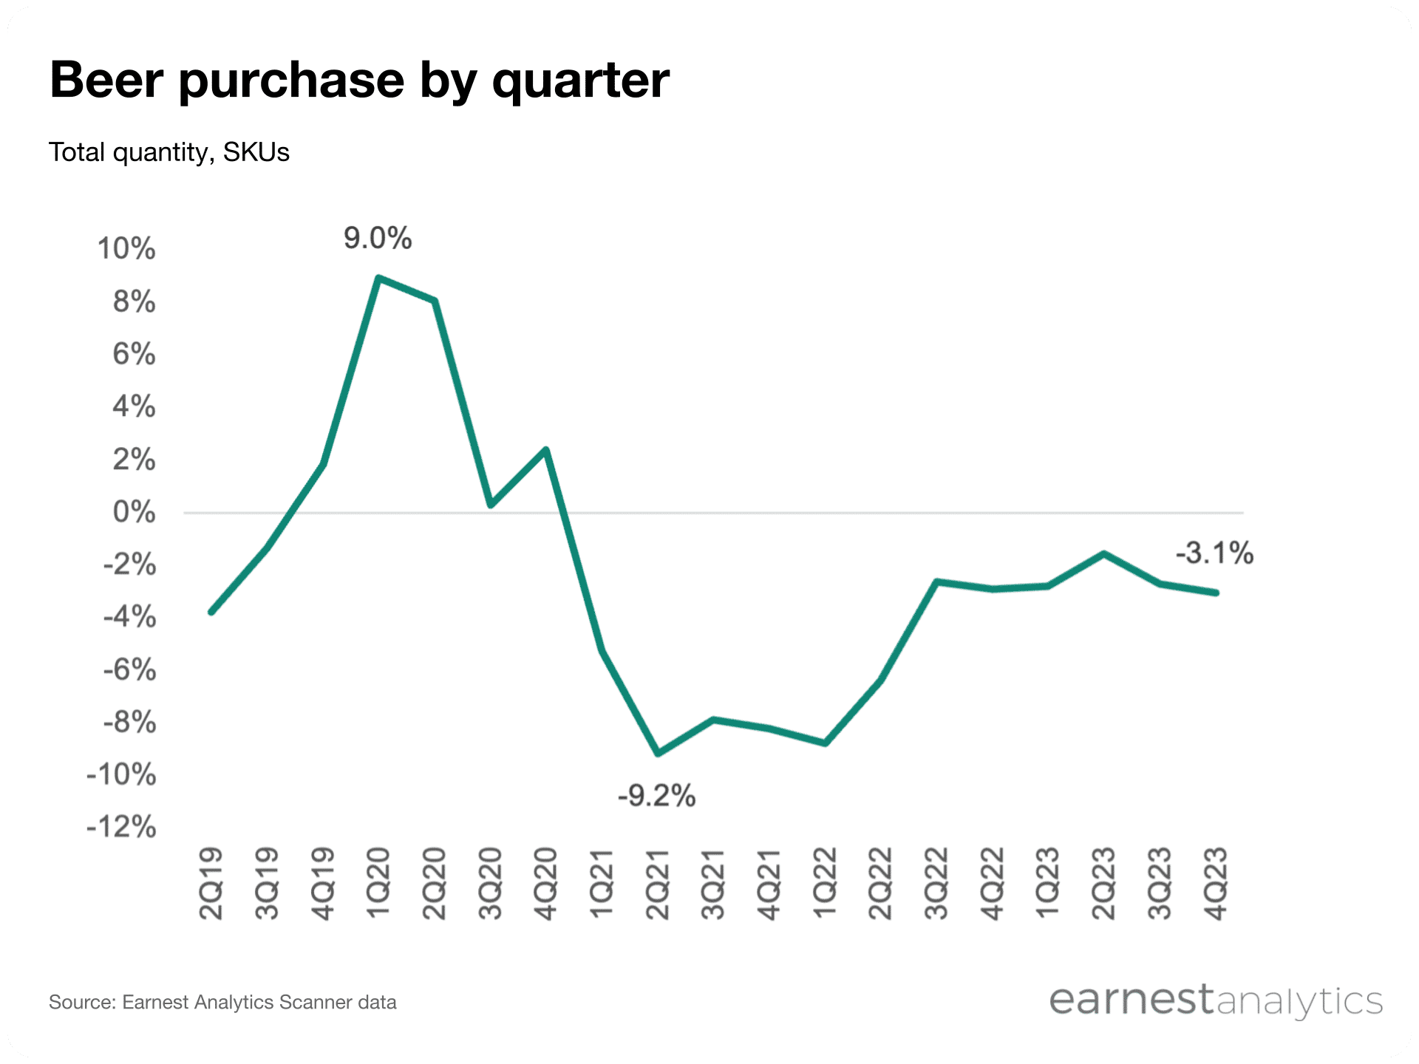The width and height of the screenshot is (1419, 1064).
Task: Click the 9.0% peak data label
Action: pyautogui.click(x=377, y=239)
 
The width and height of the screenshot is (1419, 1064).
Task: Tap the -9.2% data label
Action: pyautogui.click(x=656, y=797)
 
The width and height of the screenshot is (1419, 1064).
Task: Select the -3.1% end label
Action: pyautogui.click(x=1214, y=553)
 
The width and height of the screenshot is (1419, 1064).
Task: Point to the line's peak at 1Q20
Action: pyautogui.click(x=378, y=279)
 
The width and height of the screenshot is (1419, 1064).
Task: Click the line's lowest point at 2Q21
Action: pyautogui.click(x=658, y=753)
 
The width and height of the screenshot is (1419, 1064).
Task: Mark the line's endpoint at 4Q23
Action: pyautogui.click(x=1216, y=593)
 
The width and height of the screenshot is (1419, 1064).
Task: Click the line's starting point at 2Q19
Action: pyautogui.click(x=211, y=612)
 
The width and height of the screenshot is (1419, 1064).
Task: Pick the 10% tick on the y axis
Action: pyautogui.click(x=126, y=249)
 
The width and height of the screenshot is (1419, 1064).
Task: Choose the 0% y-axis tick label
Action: pyautogui.click(x=134, y=512)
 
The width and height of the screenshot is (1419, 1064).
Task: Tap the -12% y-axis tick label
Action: pyautogui.click(x=122, y=827)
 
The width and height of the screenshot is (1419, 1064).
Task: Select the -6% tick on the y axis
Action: pyautogui.click(x=129, y=670)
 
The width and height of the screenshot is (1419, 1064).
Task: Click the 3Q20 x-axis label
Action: pyautogui.click(x=490, y=883)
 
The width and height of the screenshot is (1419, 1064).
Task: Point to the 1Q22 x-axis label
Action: pyautogui.click(x=825, y=883)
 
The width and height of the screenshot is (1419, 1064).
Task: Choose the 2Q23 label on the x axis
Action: pyautogui.click(x=1103, y=883)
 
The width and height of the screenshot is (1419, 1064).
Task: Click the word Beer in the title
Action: pyautogui.click(x=106, y=80)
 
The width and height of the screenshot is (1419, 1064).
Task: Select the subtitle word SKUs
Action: pyautogui.click(x=256, y=152)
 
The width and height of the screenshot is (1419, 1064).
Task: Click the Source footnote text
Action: pyautogui.click(x=222, y=1003)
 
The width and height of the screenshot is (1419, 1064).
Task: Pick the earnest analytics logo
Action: pyautogui.click(x=1215, y=1001)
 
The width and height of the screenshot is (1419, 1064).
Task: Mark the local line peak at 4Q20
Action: pyautogui.click(x=545, y=450)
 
